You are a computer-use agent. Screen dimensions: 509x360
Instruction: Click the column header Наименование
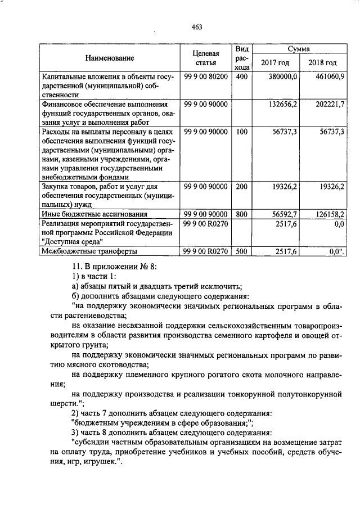tap(110, 58)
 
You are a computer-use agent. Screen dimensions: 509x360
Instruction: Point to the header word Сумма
tap(299, 49)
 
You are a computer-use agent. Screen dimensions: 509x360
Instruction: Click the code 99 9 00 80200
tap(205, 76)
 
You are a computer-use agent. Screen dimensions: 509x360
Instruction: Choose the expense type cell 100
tap(242, 132)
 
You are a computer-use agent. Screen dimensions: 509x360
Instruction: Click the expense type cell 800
tap(242, 214)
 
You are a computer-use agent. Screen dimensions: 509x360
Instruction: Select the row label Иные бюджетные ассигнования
tap(92, 214)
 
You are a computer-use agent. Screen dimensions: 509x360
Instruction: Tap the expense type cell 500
tap(242, 251)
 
